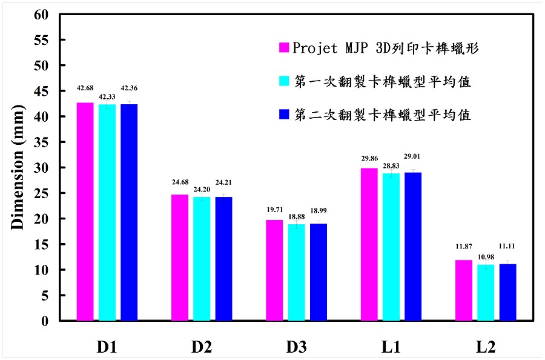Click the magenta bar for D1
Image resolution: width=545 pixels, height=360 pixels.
[85, 212]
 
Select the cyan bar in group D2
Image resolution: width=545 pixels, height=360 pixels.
[202, 259]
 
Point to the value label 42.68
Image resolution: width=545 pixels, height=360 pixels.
[85, 88]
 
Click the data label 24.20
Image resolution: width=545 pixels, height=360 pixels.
[202, 188]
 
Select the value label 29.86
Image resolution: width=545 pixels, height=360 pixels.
[369, 158]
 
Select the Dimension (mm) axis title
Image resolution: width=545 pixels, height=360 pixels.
[18, 167]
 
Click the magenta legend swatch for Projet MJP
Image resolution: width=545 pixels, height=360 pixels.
[283, 48]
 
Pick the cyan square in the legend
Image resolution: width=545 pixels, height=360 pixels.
[283, 81]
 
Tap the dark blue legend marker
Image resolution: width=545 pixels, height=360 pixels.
[283, 114]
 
